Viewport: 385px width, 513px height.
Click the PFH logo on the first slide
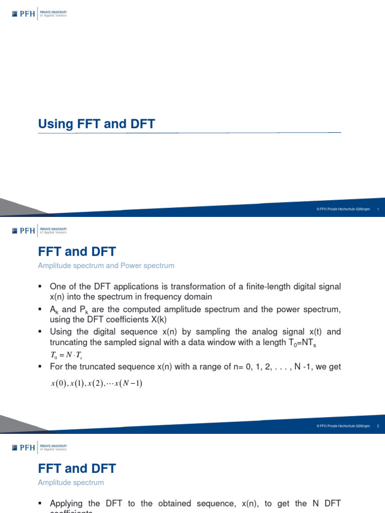25,14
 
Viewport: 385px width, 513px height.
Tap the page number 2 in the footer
377,426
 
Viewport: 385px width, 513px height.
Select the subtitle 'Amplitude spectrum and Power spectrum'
106,266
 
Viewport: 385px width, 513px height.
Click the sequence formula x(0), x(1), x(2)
96,384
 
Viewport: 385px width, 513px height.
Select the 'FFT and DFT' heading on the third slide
77,468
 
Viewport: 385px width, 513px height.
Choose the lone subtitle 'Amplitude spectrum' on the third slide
71,482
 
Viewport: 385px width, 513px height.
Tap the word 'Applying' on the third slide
68,503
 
